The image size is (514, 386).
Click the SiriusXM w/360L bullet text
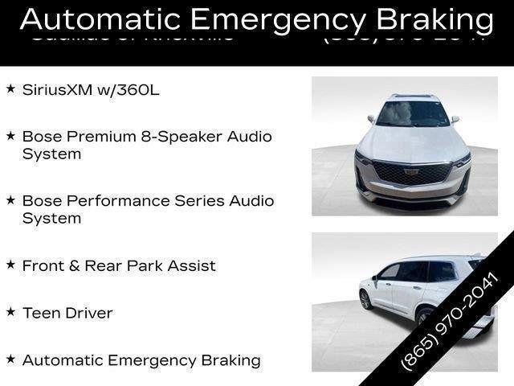point(91,89)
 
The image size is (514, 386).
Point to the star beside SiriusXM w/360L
point(10,88)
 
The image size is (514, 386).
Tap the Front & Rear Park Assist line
point(119,265)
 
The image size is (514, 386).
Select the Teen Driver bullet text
point(67,313)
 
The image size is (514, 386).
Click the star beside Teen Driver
point(10,312)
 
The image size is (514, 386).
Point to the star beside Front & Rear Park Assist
point(10,264)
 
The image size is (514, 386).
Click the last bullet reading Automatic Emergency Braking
point(141,360)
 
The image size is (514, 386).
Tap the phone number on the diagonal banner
point(450,322)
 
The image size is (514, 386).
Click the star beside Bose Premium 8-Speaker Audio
point(10,136)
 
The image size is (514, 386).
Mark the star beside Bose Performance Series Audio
point(10,200)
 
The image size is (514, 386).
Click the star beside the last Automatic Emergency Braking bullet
point(10,359)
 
